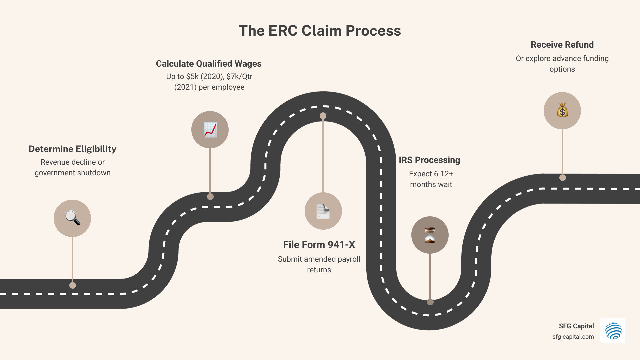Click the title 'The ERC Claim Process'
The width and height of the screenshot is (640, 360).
[320, 31]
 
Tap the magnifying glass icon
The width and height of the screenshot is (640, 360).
[72, 218]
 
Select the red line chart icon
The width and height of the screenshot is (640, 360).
[210, 130]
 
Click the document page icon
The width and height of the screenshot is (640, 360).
[323, 211]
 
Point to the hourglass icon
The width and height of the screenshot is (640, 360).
[430, 235]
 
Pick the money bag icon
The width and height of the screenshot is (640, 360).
[562, 110]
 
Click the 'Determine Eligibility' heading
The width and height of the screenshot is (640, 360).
[72, 149]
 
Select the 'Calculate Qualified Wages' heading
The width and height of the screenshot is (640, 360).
[209, 64]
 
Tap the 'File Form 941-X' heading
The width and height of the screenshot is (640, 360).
[319, 245]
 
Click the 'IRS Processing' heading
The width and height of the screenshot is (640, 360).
[429, 160]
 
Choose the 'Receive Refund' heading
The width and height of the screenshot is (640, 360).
[562, 45]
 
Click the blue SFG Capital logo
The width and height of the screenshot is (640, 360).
[613, 331]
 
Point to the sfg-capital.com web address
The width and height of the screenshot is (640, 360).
[573, 337]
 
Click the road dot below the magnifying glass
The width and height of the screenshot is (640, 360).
[73, 285]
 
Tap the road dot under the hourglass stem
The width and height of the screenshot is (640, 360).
[430, 302]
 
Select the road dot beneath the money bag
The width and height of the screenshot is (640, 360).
[563, 178]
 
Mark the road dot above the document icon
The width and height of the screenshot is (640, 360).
[323, 116]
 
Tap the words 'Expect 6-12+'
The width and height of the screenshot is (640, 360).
[431, 174]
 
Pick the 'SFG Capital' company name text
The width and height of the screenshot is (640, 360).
[576, 326]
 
